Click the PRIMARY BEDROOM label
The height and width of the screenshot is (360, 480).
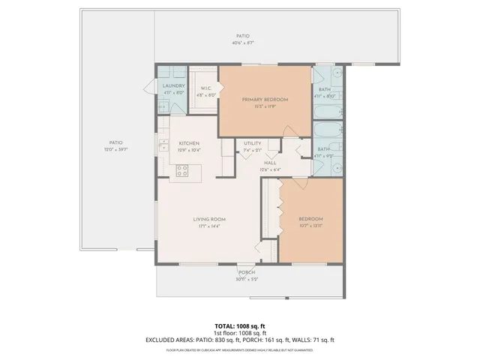[264, 99]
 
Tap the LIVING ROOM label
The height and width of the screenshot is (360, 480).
[210, 219]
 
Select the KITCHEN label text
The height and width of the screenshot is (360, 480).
[188, 143]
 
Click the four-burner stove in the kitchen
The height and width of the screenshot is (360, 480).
[181, 172]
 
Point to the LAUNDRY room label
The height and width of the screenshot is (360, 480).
[173, 86]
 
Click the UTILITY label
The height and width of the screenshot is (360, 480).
[252, 143]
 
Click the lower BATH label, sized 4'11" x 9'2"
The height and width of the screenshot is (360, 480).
[323, 149]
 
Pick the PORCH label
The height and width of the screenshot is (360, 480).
[247, 272]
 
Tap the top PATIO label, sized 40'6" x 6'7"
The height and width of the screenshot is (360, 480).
[242, 36]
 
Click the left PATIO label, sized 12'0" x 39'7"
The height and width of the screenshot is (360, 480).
[115, 142]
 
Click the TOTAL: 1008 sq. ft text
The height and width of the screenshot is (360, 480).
[240, 326]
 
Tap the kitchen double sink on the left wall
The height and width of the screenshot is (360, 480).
[163, 145]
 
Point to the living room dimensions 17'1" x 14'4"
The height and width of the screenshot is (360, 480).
[210, 226]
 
